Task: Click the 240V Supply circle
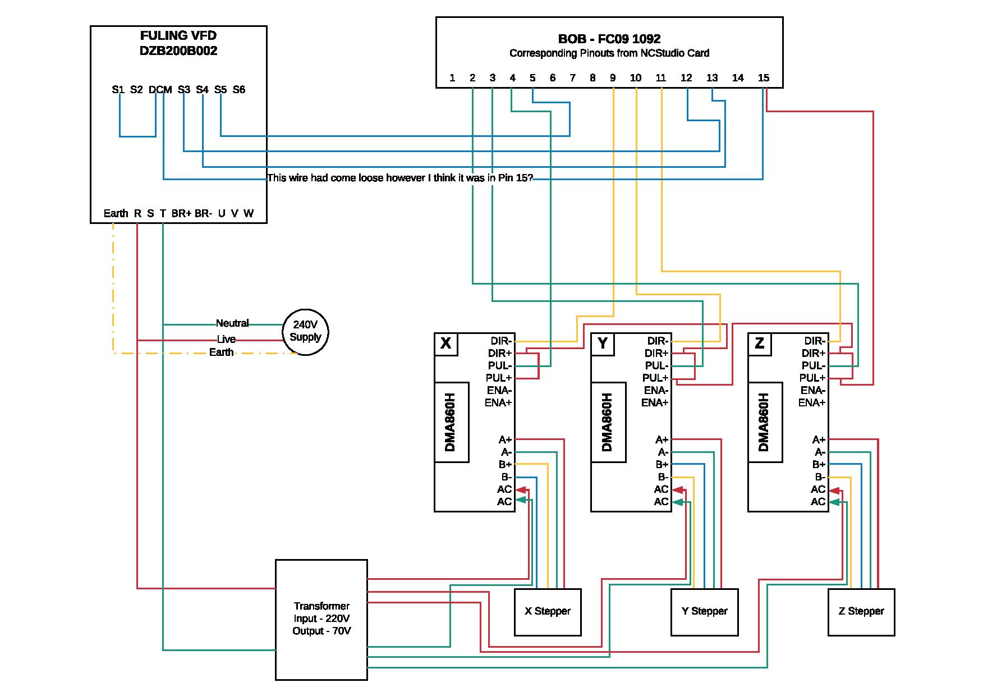(305, 332)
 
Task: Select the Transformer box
(321, 619)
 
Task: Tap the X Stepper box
(548, 612)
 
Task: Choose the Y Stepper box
(704, 612)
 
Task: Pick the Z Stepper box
(861, 612)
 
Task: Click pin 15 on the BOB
(764, 78)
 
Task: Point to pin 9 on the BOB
(613, 78)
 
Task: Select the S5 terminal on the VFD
(221, 90)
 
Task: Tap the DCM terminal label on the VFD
(160, 90)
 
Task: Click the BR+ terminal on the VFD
(181, 214)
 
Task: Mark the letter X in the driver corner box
(446, 344)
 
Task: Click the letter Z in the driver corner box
(760, 344)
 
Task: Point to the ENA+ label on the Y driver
(655, 403)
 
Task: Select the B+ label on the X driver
(505, 465)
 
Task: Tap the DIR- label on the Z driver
(814, 341)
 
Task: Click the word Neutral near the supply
(232, 323)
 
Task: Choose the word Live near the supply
(226, 340)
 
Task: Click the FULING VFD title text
(178, 36)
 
